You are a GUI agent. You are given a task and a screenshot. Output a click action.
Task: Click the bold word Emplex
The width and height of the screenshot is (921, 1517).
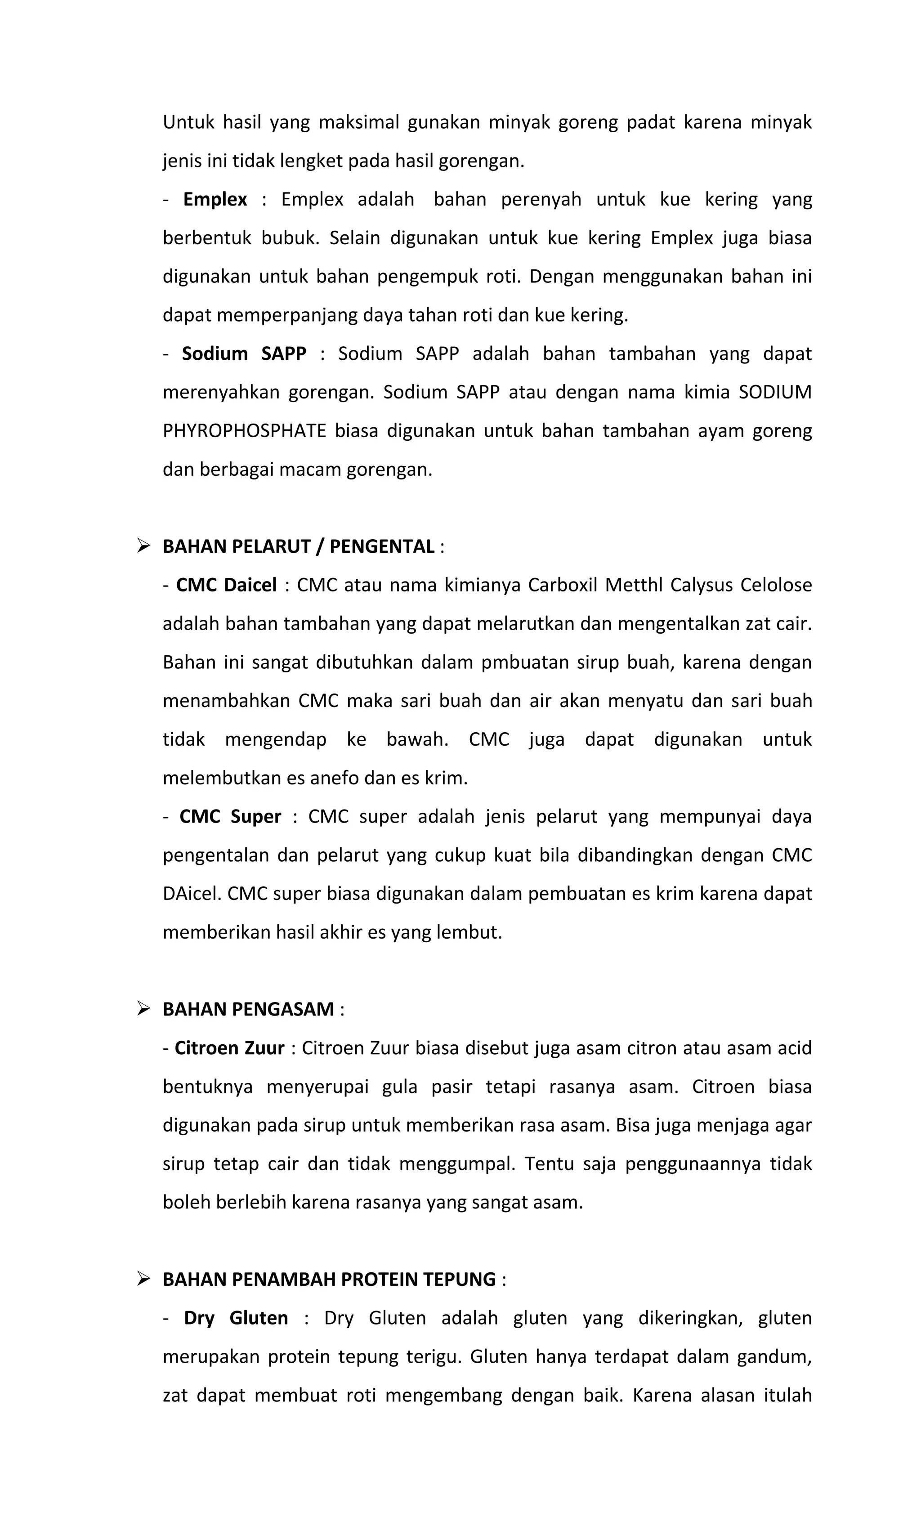coord(215,200)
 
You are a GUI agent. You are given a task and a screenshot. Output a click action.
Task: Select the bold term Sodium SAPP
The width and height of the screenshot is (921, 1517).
coord(244,354)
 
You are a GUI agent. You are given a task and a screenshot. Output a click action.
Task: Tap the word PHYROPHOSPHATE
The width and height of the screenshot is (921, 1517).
coord(244,431)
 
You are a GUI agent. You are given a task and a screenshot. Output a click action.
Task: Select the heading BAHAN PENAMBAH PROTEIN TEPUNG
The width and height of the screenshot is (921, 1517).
coord(329,1280)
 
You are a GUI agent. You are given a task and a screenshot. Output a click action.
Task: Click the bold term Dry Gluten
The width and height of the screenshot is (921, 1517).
coord(236,1318)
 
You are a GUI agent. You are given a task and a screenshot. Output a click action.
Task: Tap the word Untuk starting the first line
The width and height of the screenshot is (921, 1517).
coord(188,122)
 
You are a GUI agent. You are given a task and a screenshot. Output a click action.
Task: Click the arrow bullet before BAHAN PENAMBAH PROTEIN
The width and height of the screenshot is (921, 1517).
coord(143,1280)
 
